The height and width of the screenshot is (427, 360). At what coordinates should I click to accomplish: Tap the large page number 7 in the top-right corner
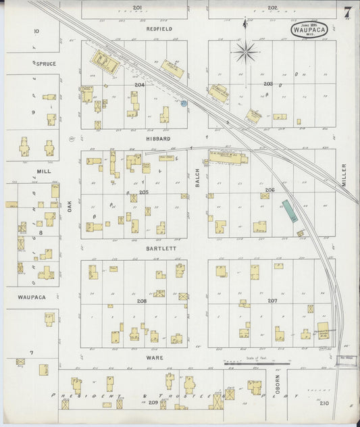[346, 12]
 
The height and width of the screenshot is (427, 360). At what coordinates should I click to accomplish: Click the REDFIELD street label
[159, 29]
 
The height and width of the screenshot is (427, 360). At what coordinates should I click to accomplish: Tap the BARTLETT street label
[160, 249]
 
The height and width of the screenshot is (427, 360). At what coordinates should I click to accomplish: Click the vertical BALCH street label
[198, 177]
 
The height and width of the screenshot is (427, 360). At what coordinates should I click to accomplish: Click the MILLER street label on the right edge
[343, 175]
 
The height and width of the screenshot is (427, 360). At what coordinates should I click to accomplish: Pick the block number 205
[143, 192]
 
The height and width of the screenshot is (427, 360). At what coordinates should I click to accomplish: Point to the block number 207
[272, 300]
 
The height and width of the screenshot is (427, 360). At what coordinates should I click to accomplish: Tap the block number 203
[267, 84]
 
